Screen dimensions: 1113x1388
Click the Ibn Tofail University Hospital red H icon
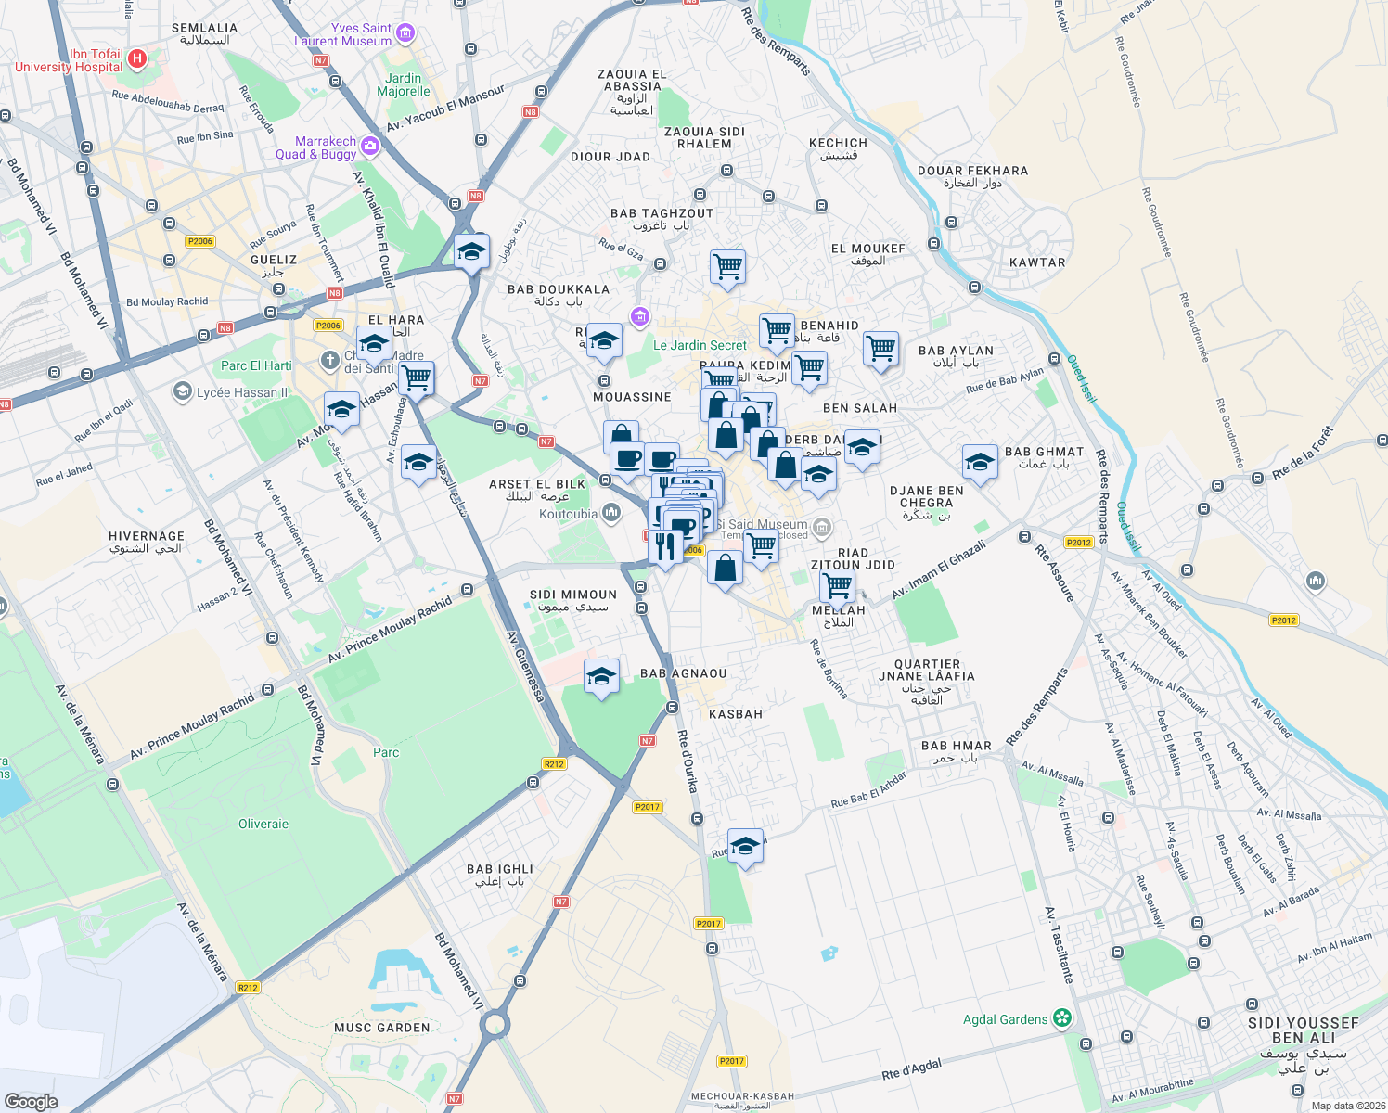coord(137,59)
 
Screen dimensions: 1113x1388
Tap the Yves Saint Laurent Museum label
coord(343,35)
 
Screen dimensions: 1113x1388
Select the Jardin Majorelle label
coord(404,84)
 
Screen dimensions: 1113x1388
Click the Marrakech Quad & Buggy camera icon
coord(370,147)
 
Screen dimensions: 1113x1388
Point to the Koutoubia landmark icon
coord(610,512)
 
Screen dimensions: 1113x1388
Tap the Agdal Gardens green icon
coord(1062,1018)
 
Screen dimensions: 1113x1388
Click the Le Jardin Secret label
coord(700,345)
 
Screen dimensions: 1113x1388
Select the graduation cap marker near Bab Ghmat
coord(979,461)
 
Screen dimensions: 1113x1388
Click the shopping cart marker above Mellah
coord(837,584)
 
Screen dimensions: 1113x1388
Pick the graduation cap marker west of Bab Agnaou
coord(601,676)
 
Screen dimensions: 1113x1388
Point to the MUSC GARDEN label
coord(382,1028)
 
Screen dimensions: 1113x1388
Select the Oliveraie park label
coord(263,824)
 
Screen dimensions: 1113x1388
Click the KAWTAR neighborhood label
coord(1037,262)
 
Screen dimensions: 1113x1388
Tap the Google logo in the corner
coord(31,1101)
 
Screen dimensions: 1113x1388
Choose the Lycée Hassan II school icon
coord(183,392)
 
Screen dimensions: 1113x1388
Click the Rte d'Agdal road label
coord(911,1069)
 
